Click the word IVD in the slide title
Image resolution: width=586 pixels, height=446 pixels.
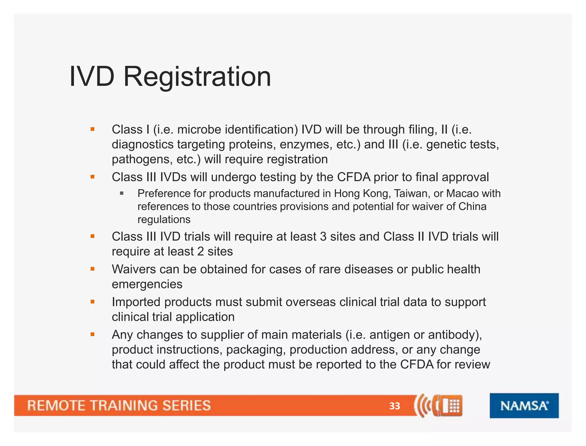(92, 77)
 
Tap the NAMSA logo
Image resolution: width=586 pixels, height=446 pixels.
(524, 406)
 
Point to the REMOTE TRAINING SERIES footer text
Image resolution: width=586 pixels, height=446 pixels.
(119, 406)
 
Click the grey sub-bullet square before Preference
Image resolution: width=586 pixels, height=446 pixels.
(122, 194)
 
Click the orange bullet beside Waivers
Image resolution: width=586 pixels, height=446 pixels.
(92, 269)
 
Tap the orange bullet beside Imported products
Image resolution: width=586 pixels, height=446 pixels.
(92, 301)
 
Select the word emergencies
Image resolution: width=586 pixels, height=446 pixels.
(147, 284)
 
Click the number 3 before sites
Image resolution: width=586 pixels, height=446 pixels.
(323, 237)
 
